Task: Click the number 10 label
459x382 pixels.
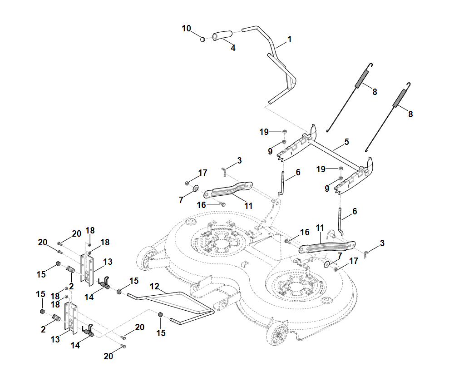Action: [186, 28]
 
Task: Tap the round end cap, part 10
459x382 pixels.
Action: [203, 39]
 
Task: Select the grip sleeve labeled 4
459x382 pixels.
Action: [222, 35]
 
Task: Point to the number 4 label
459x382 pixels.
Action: [233, 48]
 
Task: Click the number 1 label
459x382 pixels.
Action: [289, 40]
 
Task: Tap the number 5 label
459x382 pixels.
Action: [346, 142]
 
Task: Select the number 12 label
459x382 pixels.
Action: [155, 287]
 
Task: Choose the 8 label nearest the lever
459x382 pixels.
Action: [375, 91]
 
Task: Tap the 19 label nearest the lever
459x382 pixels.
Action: [264, 132]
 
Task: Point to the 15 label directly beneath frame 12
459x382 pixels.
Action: [161, 333]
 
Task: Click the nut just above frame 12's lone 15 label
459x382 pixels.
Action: [160, 315]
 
